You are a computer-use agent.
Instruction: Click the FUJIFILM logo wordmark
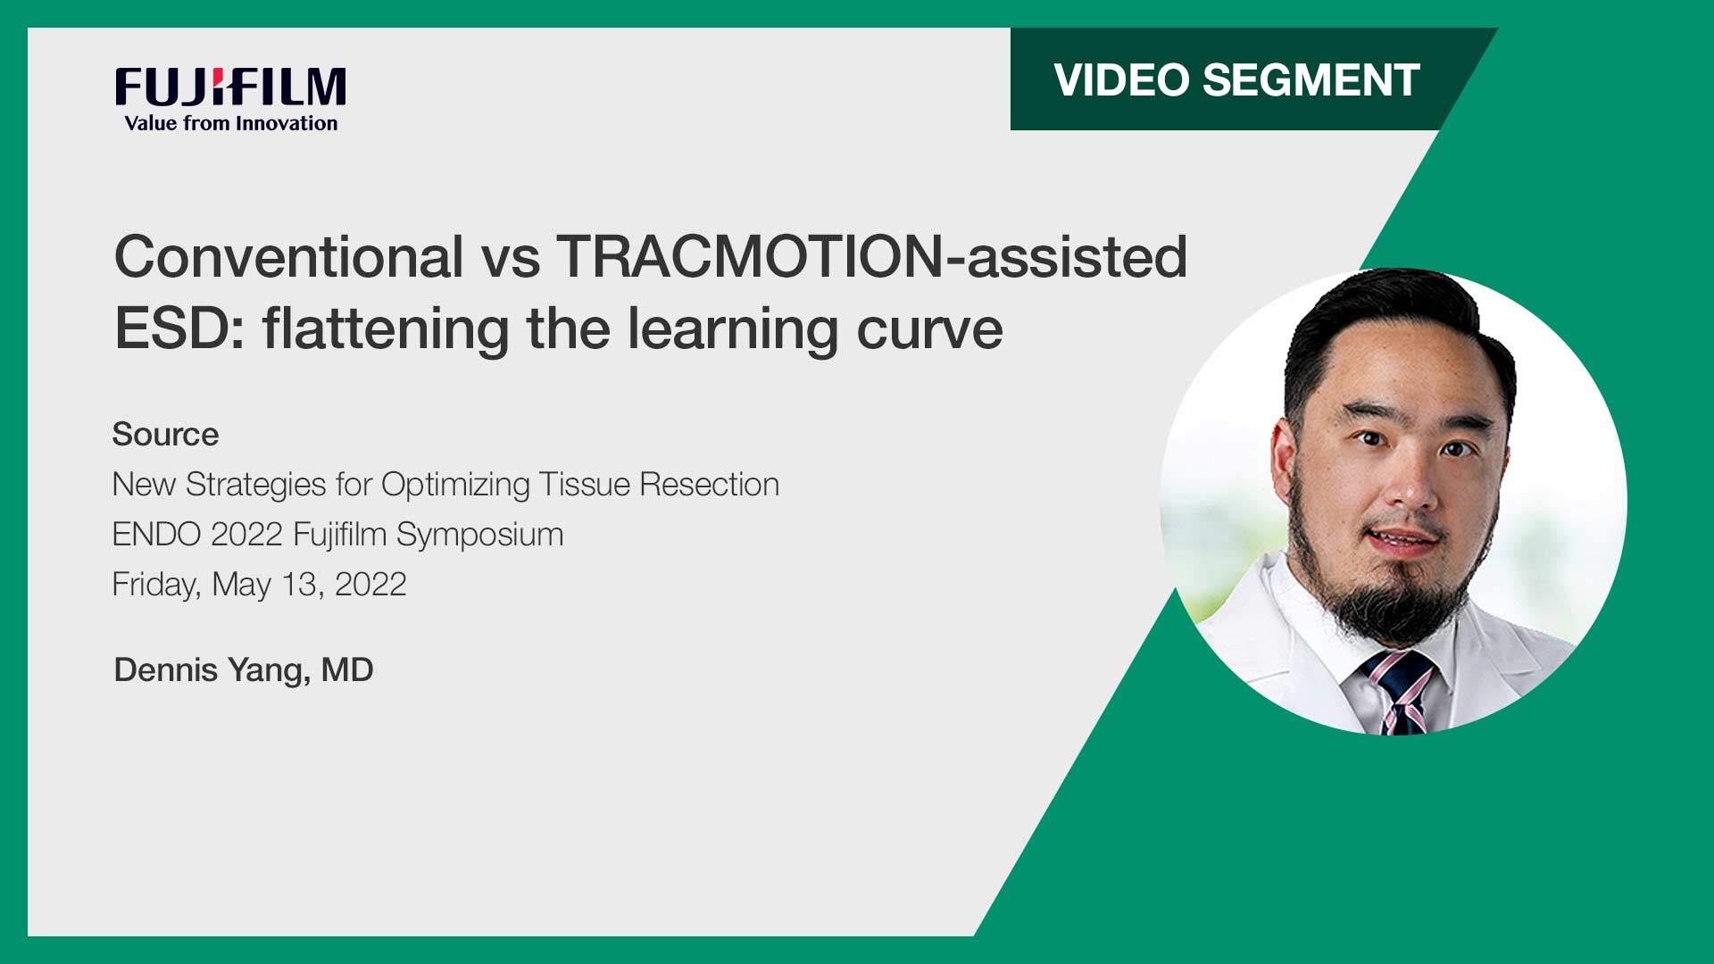(x=230, y=87)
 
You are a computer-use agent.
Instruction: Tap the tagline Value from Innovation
(x=231, y=124)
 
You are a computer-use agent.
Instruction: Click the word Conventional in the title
(x=288, y=258)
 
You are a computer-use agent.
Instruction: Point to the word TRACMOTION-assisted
(x=871, y=258)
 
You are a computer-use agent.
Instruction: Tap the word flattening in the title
(x=386, y=329)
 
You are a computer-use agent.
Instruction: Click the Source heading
(x=165, y=435)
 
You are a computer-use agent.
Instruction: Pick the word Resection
(x=709, y=485)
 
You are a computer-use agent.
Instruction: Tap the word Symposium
(x=479, y=535)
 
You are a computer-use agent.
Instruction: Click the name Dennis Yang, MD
(x=243, y=670)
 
